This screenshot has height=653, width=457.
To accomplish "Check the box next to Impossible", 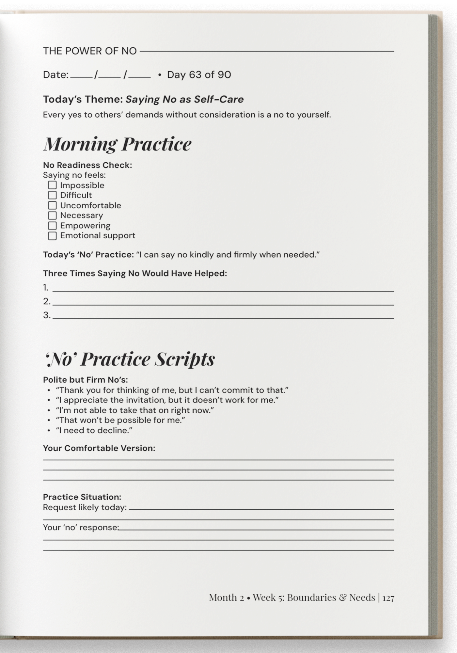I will pyautogui.click(x=52, y=185).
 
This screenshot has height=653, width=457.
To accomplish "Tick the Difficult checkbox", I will pyautogui.click(x=52, y=195).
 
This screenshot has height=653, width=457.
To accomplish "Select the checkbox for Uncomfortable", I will pyautogui.click(x=52, y=205).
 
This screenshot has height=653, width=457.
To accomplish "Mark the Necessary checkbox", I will pyautogui.click(x=52, y=215).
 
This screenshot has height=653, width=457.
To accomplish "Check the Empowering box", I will pyautogui.click(x=52, y=226).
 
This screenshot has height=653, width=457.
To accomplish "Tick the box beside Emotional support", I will pyautogui.click(x=52, y=236).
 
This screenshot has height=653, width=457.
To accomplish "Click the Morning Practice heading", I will pyautogui.click(x=117, y=144).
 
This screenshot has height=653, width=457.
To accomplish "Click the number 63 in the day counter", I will pyautogui.click(x=195, y=75).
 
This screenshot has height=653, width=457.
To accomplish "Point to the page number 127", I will pyautogui.click(x=388, y=598).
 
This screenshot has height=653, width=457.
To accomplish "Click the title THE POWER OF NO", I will pyautogui.click(x=90, y=51).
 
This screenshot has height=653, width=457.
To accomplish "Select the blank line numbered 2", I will pyautogui.click(x=223, y=304).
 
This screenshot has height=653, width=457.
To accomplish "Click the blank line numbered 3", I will pyautogui.click(x=223, y=317).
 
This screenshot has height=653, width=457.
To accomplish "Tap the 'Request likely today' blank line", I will pyautogui.click(x=261, y=508).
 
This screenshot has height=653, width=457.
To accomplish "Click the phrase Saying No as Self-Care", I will pyautogui.click(x=184, y=99).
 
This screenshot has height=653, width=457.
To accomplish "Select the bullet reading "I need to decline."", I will pyautogui.click(x=94, y=430).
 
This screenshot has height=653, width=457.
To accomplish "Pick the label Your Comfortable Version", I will pyautogui.click(x=99, y=448).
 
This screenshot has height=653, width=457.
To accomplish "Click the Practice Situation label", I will pyautogui.click(x=82, y=497).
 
